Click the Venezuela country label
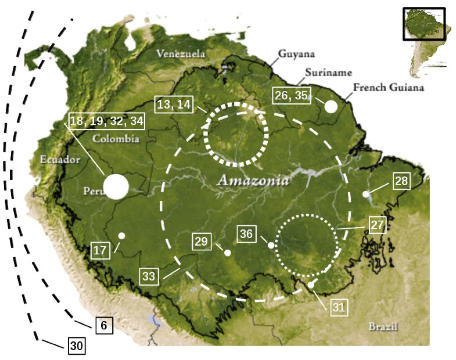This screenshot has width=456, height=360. click(180, 54)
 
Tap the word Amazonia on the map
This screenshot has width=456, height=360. click(253, 181)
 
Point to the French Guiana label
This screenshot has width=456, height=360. click(388, 88)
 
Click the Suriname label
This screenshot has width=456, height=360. click(329, 73)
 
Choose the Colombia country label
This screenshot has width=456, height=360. click(115, 139)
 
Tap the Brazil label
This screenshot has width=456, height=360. click(383, 326)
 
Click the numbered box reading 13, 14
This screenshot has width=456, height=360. click(173, 105)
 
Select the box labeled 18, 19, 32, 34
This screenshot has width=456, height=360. click(106, 121)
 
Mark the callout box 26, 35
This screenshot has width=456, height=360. click(293, 95)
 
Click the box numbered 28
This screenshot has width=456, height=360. click(401, 181)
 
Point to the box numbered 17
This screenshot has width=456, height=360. click(100, 251)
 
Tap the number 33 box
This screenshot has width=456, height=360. click(149, 277)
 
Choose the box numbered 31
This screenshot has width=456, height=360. click(339, 308)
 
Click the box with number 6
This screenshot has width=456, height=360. click(103, 326)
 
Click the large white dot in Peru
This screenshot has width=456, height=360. click(116, 187)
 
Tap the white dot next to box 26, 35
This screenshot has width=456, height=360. click(331, 106)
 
